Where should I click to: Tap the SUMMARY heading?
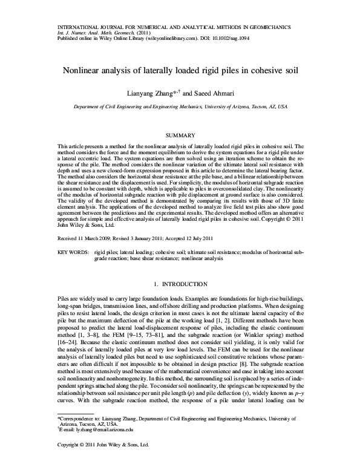(180, 134)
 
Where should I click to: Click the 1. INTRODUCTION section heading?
(180, 284)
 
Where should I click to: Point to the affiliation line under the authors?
(180, 105)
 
